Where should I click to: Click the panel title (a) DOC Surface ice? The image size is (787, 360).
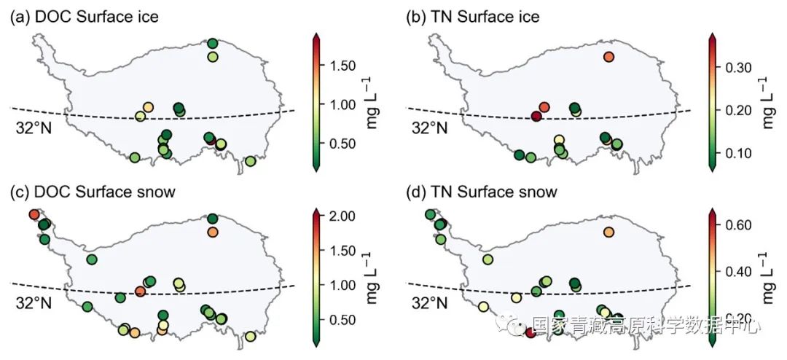(x=84, y=17)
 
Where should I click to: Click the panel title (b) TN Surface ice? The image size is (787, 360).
(x=473, y=17)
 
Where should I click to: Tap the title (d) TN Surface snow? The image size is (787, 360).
(x=481, y=192)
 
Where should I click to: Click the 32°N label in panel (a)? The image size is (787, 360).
(x=34, y=128)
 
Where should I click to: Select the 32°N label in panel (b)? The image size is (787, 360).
(x=430, y=128)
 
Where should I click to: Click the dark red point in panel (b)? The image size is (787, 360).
(x=536, y=117)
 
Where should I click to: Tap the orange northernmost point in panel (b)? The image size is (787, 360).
(x=609, y=57)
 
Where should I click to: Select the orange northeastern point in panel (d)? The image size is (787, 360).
(x=609, y=232)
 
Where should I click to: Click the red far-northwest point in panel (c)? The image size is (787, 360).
(x=34, y=214)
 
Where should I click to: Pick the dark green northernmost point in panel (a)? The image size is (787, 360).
(x=212, y=44)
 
